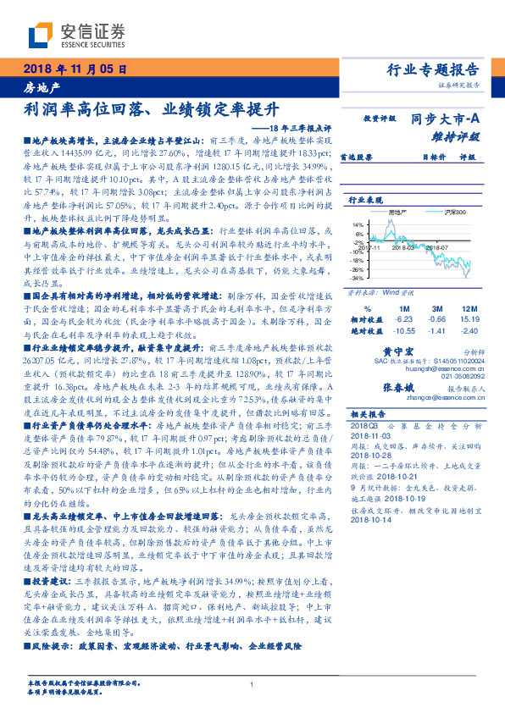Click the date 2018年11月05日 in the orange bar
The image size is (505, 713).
pyautogui.click(x=71, y=70)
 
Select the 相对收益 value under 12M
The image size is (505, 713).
pyautogui.click(x=469, y=320)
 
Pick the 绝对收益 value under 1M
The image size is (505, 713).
pyautogui.click(x=403, y=332)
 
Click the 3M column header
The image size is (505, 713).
pyautogui.click(x=437, y=308)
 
